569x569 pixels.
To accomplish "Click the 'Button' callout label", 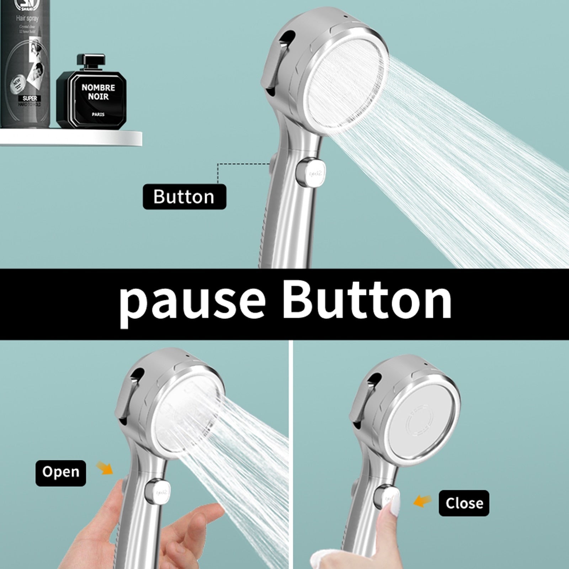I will coord(184,197).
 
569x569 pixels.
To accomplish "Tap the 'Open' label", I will coord(60,473).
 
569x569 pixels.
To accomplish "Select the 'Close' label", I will coord(464,503).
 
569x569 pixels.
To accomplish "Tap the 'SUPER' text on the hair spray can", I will coord(30,98).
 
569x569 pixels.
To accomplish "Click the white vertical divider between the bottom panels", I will coord(292,455).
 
